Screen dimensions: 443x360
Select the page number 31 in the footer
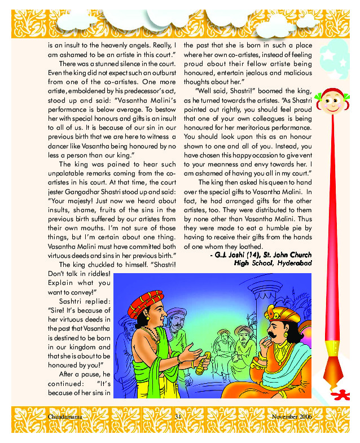tap(177, 417)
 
